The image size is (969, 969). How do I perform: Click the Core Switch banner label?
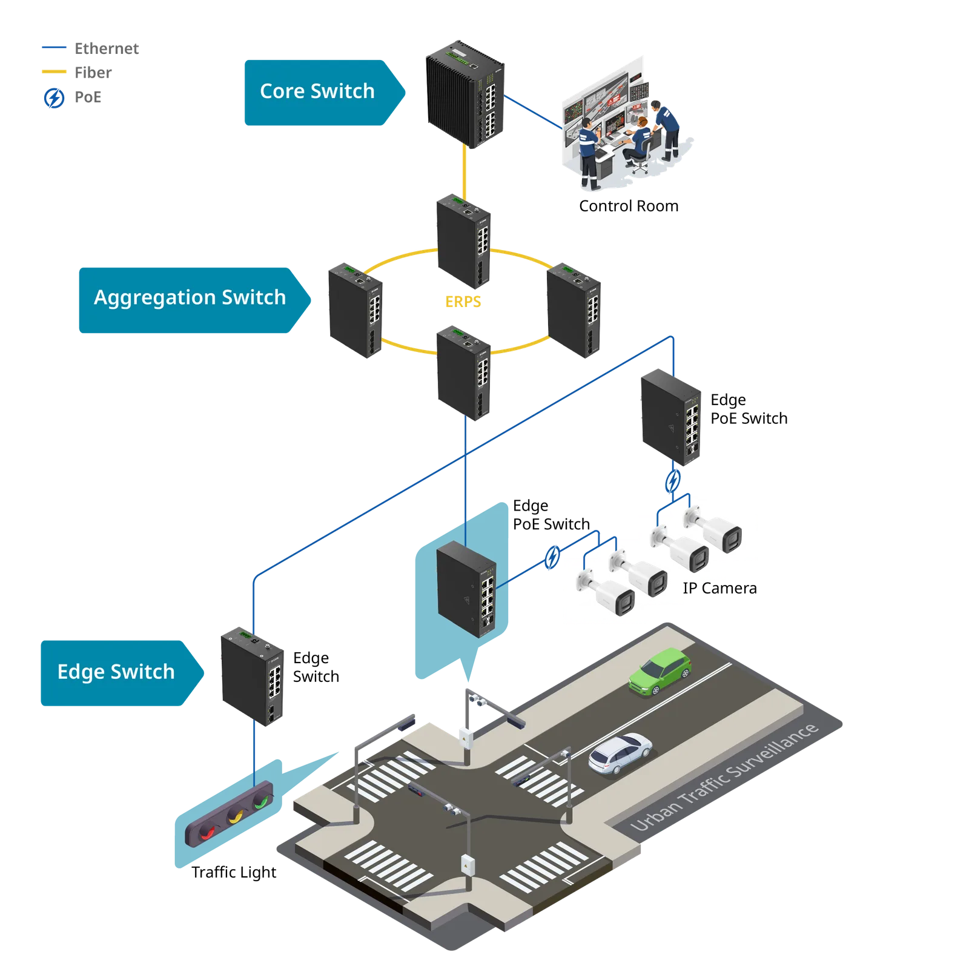point(317,91)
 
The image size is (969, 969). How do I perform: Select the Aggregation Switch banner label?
point(190,297)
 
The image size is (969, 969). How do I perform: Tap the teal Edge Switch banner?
point(122,673)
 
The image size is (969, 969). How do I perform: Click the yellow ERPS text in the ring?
point(463,302)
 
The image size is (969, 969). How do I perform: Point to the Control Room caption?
point(629,206)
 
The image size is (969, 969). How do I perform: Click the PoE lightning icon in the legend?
point(54,98)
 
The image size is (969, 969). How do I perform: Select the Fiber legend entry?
point(77,73)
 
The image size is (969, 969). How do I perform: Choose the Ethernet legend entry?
point(90,48)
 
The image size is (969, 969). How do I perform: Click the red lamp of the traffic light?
point(207,832)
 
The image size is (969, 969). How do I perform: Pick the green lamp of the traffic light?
point(261,802)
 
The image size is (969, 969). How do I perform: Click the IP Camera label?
point(719,588)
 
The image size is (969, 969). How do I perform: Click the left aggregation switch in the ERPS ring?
point(356,311)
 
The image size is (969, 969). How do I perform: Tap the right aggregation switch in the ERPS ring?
point(574,311)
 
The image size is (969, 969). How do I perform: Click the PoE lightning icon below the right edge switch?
point(673,481)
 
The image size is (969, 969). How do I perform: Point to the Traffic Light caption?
point(234,872)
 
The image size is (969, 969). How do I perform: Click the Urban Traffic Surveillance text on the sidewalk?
point(724,776)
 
